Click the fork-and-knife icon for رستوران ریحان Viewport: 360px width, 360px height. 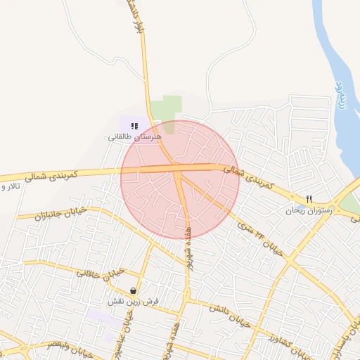(x=309, y=199)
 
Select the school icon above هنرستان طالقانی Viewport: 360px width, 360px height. (x=134, y=126)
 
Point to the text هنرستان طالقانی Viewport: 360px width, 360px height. (x=134, y=136)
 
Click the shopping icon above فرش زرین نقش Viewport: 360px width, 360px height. (x=133, y=290)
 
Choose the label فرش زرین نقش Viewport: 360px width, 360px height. (x=133, y=301)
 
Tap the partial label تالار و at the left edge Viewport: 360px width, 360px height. (x=10, y=188)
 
